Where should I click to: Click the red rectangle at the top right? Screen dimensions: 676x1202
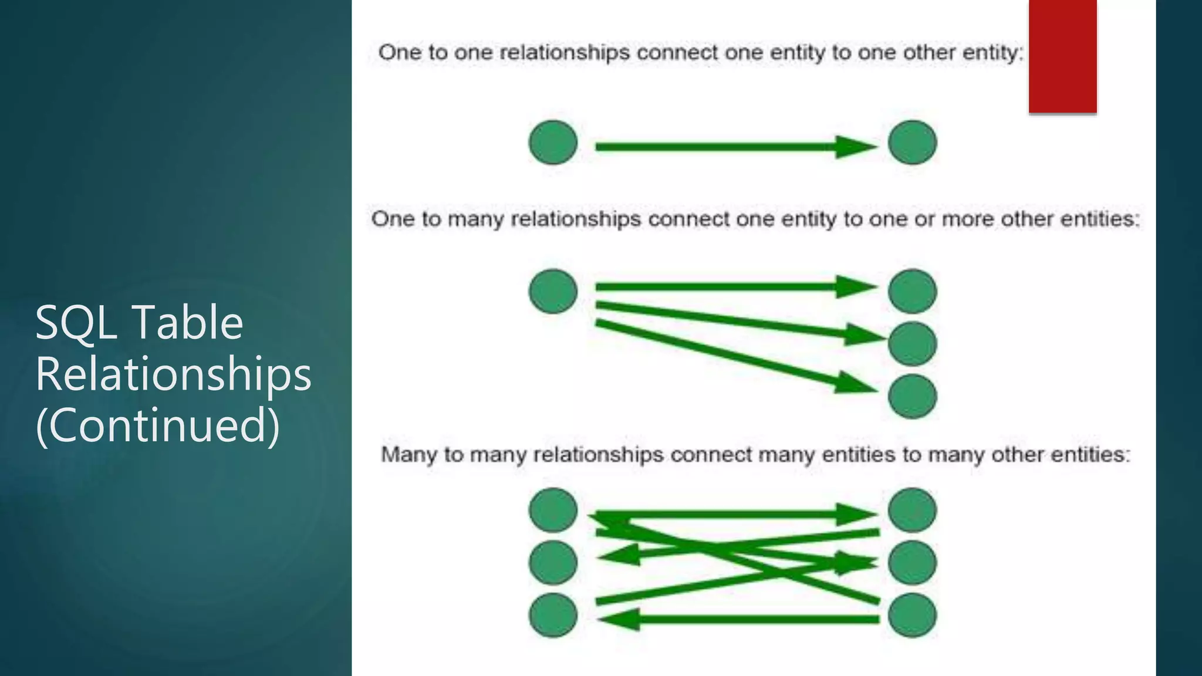(1062, 56)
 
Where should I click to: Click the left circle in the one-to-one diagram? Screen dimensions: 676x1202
(553, 143)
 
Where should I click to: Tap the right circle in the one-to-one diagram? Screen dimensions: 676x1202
(912, 143)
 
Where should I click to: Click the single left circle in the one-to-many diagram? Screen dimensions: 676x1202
(553, 291)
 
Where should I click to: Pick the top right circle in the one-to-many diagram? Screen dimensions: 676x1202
(912, 291)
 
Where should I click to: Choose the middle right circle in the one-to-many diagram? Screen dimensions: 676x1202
(912, 344)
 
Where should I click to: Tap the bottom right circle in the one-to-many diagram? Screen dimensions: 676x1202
(912, 397)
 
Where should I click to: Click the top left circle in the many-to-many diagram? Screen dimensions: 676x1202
(553, 510)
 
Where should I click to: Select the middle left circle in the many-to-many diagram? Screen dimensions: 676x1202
(553, 563)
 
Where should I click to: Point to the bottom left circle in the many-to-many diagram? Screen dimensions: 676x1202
(553, 615)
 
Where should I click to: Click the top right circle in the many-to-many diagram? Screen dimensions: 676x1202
(912, 510)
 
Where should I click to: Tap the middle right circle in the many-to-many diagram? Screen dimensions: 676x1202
(912, 563)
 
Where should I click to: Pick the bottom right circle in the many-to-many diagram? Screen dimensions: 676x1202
(912, 615)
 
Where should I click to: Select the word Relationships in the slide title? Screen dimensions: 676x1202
(173, 374)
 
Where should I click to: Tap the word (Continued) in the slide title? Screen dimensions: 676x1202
(157, 425)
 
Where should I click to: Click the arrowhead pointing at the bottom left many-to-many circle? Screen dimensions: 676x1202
(619, 620)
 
